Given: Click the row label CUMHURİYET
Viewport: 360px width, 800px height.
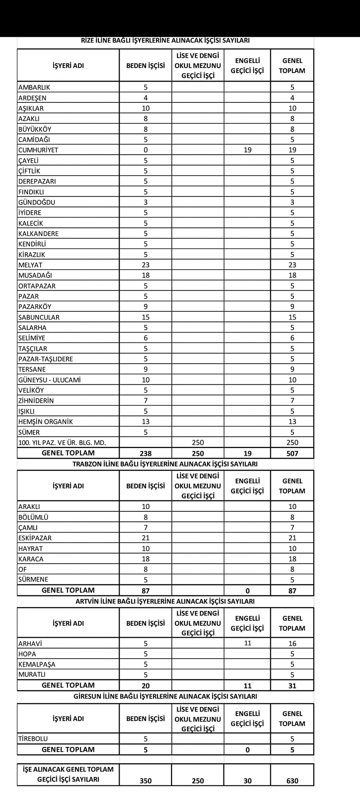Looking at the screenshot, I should (38, 150).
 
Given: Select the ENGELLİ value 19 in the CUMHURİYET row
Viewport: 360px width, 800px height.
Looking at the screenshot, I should (248, 150).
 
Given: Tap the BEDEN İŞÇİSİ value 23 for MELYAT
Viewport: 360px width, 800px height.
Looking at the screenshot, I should (146, 265).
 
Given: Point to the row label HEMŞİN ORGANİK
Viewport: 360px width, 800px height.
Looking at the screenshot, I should (46, 421).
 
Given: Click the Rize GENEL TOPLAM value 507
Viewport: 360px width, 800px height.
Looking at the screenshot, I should (292, 454).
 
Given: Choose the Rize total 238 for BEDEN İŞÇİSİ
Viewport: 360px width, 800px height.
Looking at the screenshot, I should (146, 454).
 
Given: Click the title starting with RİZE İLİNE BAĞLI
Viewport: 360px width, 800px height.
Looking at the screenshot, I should (165, 41).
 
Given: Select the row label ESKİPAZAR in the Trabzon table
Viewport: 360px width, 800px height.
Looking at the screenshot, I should (35, 538).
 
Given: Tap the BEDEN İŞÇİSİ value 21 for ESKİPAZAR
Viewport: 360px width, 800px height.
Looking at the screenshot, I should (146, 538).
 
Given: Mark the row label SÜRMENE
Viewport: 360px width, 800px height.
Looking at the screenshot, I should (33, 580).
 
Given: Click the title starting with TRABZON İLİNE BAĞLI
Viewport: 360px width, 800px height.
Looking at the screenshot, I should (165, 464).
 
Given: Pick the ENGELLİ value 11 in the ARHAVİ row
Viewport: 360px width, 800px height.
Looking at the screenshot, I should (248, 643).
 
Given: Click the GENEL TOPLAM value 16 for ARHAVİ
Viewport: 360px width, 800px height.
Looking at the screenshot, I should (292, 644).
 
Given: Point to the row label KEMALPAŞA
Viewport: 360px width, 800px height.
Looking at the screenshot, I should (37, 664).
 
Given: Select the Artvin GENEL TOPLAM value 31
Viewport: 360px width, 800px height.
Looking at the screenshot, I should (292, 686).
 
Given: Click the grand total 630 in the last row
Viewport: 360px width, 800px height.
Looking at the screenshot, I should (292, 781).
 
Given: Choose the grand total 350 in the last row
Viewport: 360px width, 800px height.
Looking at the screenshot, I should (146, 781).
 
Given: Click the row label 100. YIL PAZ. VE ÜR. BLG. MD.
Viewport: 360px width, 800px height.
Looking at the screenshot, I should (62, 443).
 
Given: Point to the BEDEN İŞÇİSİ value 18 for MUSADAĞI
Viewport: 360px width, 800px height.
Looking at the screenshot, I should (146, 275).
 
